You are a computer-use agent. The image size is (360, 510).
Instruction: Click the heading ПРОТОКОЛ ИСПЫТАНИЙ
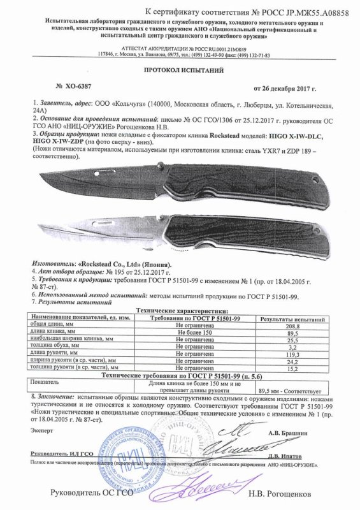(181, 72)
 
